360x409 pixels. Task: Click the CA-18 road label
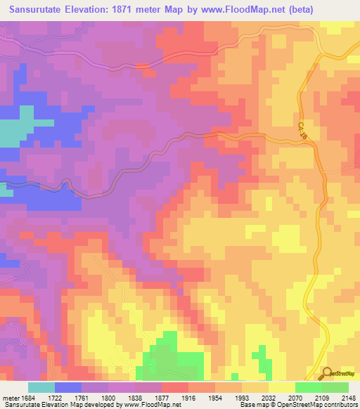click(303, 130)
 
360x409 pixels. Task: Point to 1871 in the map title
click(129, 9)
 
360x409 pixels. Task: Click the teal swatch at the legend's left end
click(41, 387)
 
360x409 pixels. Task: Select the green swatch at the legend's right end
click(335, 387)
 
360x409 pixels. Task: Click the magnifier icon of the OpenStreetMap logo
click(326, 372)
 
